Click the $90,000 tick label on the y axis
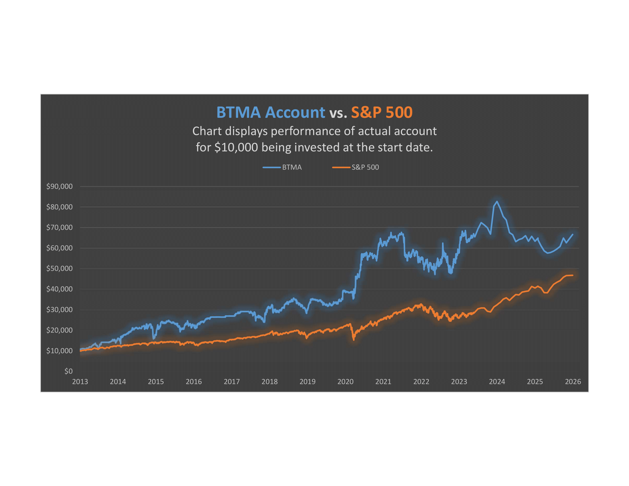point(59,186)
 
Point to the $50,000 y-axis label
point(59,268)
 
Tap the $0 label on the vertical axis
point(68,371)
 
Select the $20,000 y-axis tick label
point(59,330)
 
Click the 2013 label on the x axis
point(80,382)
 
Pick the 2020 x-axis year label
point(345,382)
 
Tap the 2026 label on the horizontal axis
point(573,382)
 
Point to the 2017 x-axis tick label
point(232,382)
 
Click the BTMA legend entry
point(291,167)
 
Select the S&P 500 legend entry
point(365,167)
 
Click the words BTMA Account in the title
point(270,112)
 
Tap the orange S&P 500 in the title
point(382,112)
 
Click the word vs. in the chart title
point(338,113)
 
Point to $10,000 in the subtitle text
point(236,148)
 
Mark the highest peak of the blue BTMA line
point(497,202)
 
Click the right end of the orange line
point(573,275)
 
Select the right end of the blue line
point(573,234)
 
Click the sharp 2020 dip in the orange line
point(354,340)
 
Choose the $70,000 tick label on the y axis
point(59,228)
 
